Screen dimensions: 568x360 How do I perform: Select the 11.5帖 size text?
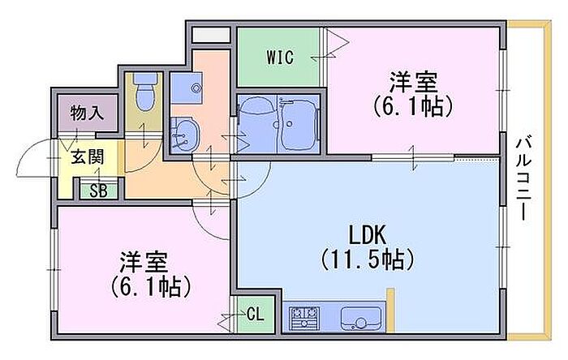coord(368,261)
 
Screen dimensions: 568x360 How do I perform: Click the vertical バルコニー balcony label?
coord(523,178)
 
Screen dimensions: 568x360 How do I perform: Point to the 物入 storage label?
coord(88,114)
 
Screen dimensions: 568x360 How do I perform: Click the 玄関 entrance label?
coord(87,157)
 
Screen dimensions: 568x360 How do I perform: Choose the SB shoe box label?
coord(98,191)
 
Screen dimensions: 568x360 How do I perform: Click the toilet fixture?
coord(146,91)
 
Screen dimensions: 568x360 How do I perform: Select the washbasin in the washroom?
coord(183,133)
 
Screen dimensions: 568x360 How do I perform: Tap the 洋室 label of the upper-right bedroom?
coord(413,82)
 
